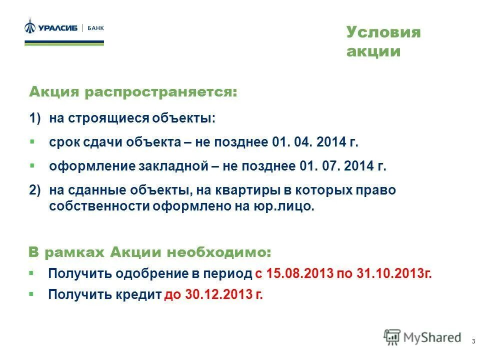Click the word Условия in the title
[x=383, y=32]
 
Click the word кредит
[x=138, y=295]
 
